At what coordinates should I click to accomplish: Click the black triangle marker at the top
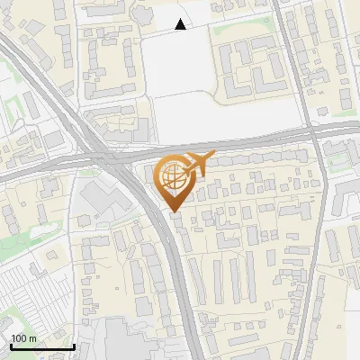(181, 24)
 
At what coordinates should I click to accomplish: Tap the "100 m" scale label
(24, 338)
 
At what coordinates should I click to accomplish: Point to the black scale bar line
(42, 346)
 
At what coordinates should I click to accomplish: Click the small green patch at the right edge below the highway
(346, 158)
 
